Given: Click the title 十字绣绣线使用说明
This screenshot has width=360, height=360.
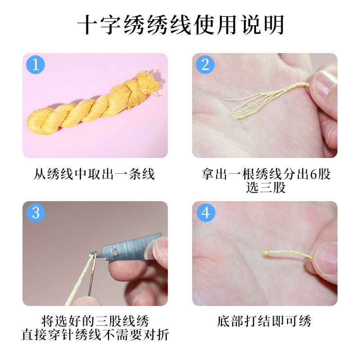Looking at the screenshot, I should pos(180,26).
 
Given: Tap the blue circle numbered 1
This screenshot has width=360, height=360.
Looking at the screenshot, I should pos(36,65).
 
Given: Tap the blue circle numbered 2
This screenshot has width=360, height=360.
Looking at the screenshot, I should pos(205,65).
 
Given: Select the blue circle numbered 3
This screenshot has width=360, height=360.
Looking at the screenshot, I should pos(36,212).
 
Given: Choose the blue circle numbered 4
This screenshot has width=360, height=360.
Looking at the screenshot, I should pos(205,212).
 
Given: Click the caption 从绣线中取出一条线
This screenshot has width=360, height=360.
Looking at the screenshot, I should pos(94,174).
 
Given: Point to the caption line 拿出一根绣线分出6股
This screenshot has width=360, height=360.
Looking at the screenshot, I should pos(265,174).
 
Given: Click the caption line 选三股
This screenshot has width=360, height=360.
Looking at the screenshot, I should pos(265,188).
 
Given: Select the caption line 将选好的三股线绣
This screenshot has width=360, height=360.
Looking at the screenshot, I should pos(94,321).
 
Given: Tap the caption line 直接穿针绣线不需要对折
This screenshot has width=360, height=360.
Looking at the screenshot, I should pos(94,335).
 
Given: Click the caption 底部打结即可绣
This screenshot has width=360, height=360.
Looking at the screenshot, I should pos(264,321).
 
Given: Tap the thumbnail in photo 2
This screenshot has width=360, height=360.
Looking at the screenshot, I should pos(324,83).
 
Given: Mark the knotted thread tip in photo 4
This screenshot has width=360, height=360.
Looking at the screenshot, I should pos(265,254).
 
